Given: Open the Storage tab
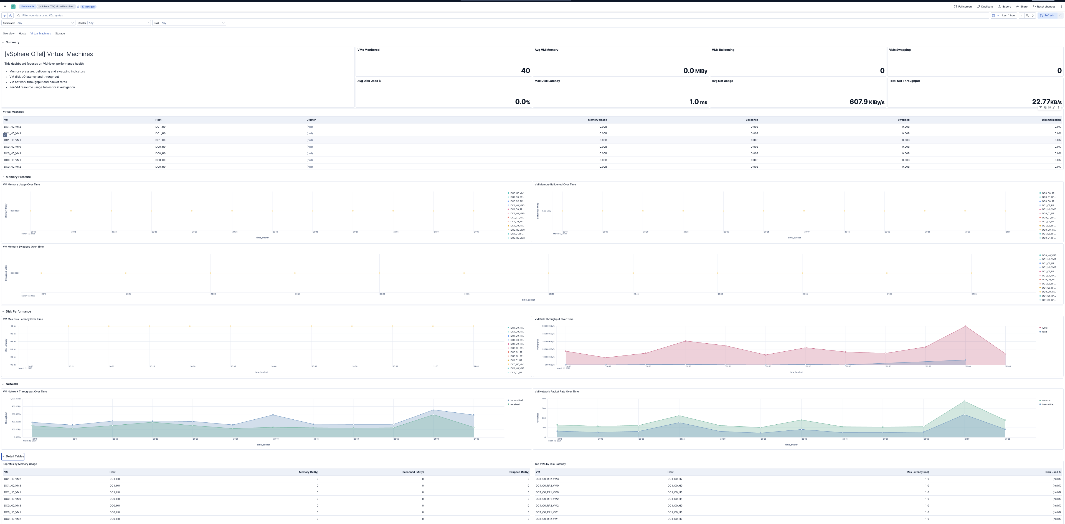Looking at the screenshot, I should pyautogui.click(x=60, y=34).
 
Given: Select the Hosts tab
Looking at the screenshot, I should pyautogui.click(x=22, y=34).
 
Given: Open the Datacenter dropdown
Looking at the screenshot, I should pyautogui.click(x=45, y=23).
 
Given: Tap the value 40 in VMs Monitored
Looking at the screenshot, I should pyautogui.click(x=525, y=71).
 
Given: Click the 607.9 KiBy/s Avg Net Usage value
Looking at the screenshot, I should pyautogui.click(x=866, y=102).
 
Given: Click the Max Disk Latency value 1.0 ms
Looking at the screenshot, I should pyautogui.click(x=698, y=102).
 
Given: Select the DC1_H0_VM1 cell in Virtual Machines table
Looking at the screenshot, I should pyautogui.click(x=12, y=140).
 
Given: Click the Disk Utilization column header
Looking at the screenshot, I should pyautogui.click(x=1051, y=120).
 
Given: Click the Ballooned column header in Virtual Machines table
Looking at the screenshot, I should pyautogui.click(x=752, y=120).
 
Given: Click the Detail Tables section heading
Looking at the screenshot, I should pyautogui.click(x=14, y=457).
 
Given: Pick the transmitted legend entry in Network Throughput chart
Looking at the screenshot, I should pyautogui.click(x=516, y=400).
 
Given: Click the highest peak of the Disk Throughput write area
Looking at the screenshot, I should pyautogui.click(x=965, y=326).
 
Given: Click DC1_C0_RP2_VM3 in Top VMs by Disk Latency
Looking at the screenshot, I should pyautogui.click(x=547, y=479).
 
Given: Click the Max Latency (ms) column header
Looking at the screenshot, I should pyautogui.click(x=917, y=472).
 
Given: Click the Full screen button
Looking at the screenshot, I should pyautogui.click(x=963, y=7).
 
